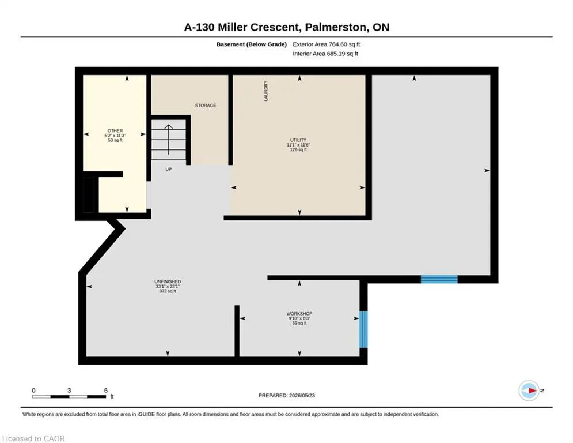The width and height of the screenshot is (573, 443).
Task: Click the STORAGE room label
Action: [206, 106]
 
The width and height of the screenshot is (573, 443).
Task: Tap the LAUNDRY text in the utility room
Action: [265, 91]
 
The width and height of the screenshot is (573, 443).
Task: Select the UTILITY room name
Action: [298, 140]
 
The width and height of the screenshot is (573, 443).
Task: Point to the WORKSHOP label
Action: [299, 314]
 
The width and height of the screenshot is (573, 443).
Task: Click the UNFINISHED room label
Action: [168, 281]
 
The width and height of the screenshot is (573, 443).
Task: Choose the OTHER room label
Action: [115, 131]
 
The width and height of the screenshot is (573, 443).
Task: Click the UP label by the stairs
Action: [169, 169]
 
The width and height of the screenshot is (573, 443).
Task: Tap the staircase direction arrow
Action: [169, 140]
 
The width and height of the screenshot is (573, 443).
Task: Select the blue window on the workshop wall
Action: [363, 329]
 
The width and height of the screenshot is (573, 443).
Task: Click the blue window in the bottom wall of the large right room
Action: [439, 279]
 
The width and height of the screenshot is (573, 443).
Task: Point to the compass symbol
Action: [529, 391]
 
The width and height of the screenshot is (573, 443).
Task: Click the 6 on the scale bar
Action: [106, 391]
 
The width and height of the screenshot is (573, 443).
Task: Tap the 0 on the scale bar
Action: [33, 391]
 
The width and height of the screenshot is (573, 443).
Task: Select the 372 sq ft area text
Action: [168, 291]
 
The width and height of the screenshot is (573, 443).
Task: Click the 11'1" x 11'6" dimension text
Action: [298, 145]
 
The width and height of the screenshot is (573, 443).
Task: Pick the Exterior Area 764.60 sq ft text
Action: [327, 44]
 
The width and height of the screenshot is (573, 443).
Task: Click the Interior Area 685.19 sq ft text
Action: [325, 54]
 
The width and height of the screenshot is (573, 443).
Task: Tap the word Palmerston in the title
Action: [336, 27]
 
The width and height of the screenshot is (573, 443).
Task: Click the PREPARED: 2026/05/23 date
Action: [287, 395]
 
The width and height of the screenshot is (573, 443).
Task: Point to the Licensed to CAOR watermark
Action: [33, 438]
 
